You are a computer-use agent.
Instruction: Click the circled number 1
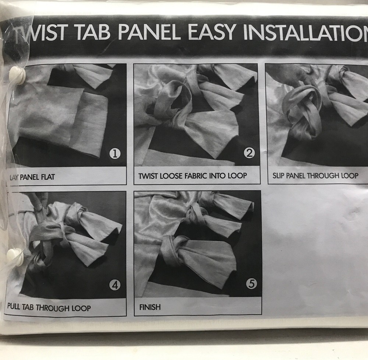pos(115,154)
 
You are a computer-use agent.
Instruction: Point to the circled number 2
pos(249,153)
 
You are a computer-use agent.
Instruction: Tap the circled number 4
pos(115,285)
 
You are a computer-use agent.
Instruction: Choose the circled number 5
pos(251,284)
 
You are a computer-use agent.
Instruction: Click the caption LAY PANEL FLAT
pos(32,177)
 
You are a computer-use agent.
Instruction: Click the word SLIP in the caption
pos(278,175)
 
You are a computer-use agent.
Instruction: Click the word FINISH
pos(150,307)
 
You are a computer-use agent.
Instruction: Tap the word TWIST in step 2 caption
pos(148,176)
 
